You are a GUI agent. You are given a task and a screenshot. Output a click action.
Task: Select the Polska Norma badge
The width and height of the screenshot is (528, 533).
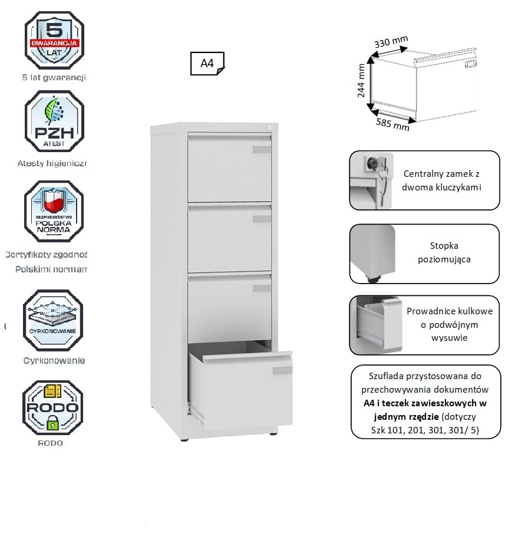click(54, 211)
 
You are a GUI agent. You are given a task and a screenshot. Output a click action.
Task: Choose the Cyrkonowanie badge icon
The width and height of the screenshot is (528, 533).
click(53, 320)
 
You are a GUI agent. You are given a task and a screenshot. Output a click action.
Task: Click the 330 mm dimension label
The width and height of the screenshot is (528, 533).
click(391, 44)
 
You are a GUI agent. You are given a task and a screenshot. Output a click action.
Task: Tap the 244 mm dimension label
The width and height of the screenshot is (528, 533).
click(362, 81)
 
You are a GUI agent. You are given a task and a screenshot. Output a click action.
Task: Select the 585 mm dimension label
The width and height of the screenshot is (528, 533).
click(392, 123)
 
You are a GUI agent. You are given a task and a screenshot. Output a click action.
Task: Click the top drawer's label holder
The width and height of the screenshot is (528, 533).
click(262, 150)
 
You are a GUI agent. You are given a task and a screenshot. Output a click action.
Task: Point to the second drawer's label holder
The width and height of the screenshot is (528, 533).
click(262, 219)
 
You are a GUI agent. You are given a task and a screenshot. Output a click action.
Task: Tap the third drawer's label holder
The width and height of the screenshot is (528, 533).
click(262, 288)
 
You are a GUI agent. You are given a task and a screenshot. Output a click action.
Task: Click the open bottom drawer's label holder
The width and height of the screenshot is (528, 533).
click(282, 370)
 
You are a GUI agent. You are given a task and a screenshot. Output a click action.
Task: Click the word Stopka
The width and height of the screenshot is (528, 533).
click(444, 246)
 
